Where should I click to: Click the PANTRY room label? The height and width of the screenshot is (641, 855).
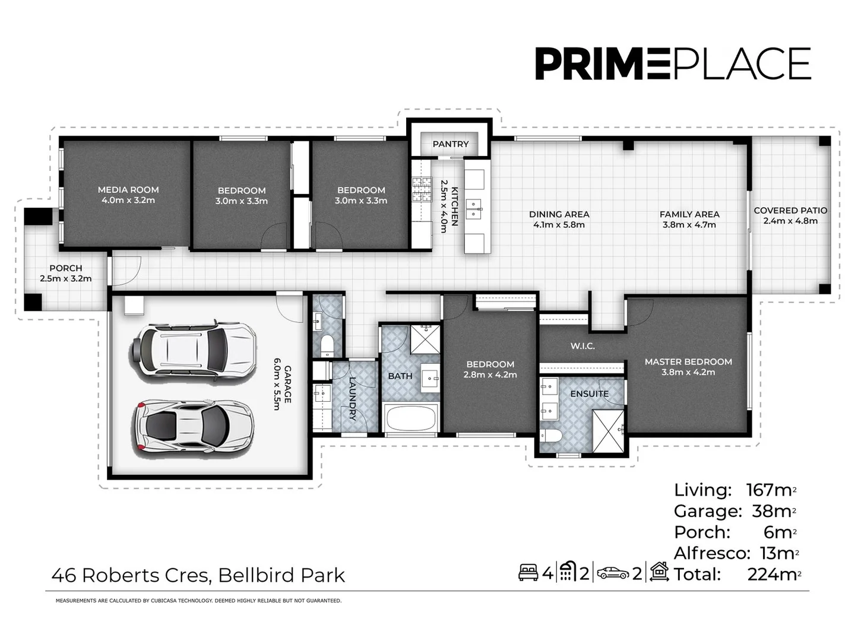(x=450, y=144)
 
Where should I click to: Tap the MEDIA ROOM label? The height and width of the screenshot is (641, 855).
(x=128, y=190)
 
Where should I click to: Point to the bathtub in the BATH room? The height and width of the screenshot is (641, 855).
(x=411, y=419)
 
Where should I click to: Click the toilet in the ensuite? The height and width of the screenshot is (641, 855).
(x=550, y=437)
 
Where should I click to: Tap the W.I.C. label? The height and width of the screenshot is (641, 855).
(x=582, y=346)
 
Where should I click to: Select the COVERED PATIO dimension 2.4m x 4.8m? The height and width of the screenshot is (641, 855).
(x=790, y=221)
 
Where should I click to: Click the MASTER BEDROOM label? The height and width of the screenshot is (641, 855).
(x=688, y=361)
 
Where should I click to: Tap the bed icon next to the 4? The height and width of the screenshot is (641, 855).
(x=528, y=573)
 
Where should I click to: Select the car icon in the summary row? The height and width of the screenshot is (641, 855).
(x=613, y=573)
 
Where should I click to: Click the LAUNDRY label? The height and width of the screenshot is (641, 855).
(x=353, y=398)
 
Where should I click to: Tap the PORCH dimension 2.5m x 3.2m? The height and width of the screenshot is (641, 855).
(x=66, y=278)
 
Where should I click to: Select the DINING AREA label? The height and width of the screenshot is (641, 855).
(x=559, y=214)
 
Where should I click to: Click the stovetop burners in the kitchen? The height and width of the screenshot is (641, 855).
(x=422, y=191)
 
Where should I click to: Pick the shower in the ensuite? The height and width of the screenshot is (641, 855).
(x=608, y=431)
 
